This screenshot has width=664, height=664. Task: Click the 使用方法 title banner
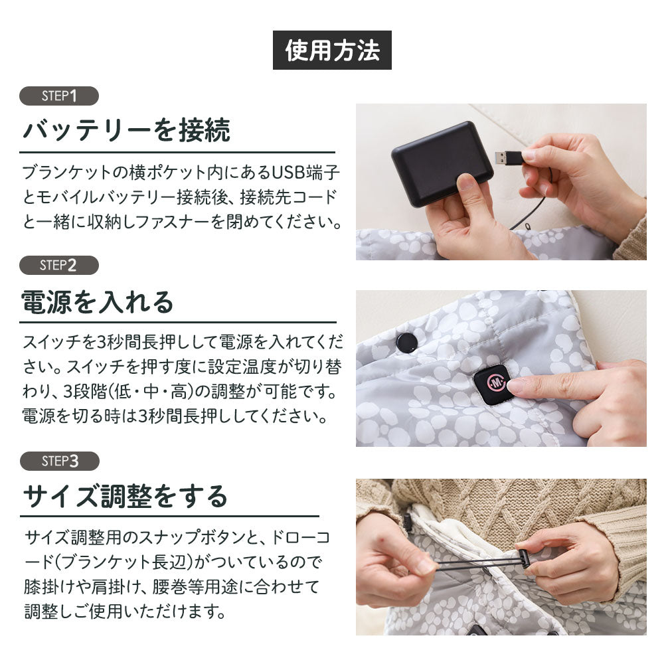332,50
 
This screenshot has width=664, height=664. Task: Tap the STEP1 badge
59,96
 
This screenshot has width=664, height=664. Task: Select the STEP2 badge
59,266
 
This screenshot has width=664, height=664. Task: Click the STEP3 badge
59,461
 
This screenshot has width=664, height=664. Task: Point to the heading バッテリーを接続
127,130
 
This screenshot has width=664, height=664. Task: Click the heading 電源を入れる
98,301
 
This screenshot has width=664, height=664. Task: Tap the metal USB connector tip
507,157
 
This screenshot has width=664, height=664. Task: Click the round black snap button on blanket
406,343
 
